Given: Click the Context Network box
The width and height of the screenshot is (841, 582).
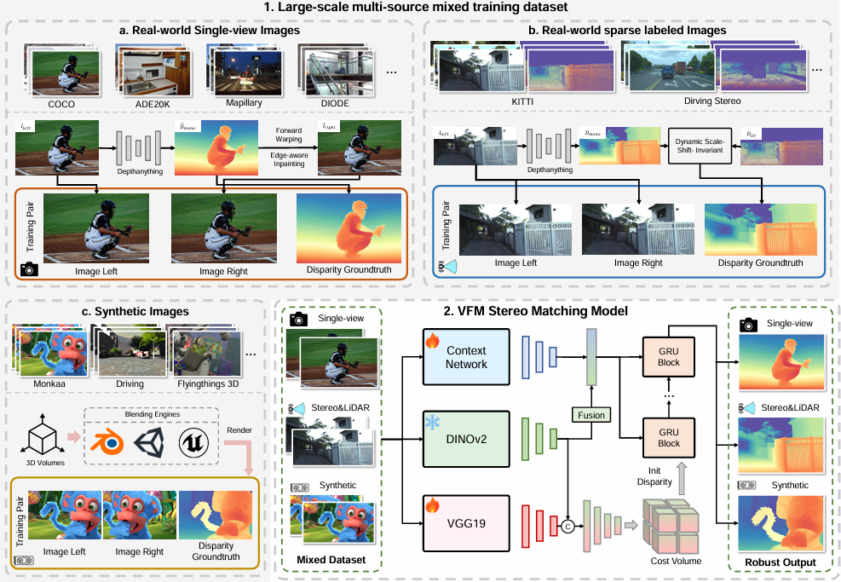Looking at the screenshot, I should pyautogui.click(x=465, y=358).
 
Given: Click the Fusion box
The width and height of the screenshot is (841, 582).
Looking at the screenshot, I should pyautogui.click(x=591, y=415).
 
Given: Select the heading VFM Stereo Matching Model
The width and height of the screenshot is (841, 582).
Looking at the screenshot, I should pyautogui.click(x=535, y=311).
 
